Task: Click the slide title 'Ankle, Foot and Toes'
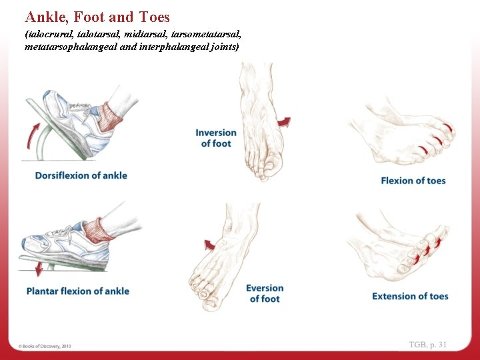[97, 17]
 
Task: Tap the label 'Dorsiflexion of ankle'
[81, 175]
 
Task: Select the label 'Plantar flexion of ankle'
[78, 291]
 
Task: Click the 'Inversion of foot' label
[216, 138]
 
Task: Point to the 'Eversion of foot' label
[265, 293]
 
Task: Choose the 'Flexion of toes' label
[413, 181]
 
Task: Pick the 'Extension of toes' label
[410, 296]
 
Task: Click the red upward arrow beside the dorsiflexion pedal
[30, 136]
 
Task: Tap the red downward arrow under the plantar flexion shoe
[38, 269]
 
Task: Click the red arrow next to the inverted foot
[285, 122]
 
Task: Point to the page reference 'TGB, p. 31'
[428, 344]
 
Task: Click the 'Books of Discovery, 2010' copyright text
[45, 346]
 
